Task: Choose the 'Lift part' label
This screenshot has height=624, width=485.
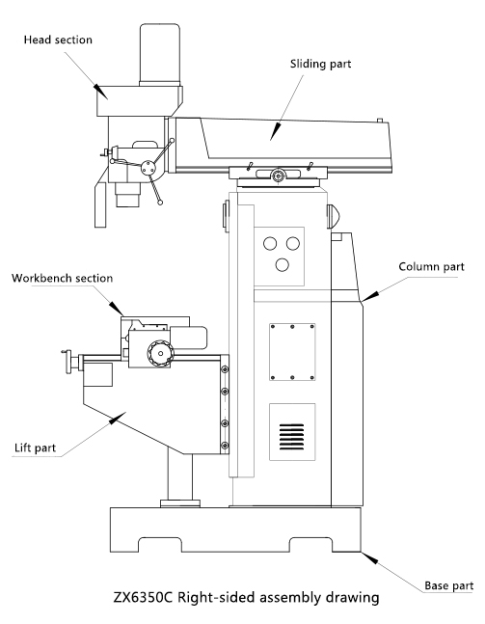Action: coord(36,448)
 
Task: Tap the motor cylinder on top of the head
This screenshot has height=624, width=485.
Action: coord(161,54)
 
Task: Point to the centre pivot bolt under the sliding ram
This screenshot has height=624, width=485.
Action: coord(278,176)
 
